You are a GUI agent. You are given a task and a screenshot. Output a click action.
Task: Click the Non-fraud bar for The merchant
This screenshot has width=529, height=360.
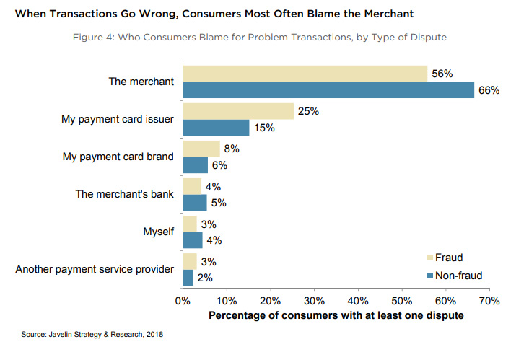pos(328,89)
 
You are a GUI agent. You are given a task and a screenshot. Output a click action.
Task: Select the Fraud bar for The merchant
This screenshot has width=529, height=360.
pos(305,73)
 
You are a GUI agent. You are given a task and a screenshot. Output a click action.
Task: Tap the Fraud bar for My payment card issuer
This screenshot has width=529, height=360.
pos(238,110)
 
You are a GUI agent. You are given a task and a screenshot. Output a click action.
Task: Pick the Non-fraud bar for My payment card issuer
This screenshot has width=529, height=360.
pos(216,127)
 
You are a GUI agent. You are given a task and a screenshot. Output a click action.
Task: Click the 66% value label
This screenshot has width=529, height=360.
pos(489,90)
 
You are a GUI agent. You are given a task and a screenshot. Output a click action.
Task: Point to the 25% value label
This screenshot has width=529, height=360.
pos(309,111)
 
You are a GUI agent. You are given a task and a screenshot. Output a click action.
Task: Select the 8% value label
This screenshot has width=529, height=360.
pos(232,148)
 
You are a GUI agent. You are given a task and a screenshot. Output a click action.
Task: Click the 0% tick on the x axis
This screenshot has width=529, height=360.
pos(183,300)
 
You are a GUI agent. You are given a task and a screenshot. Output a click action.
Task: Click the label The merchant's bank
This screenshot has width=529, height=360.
pos(125,194)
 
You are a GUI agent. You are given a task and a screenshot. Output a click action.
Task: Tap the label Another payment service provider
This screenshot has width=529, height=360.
pos(95,269)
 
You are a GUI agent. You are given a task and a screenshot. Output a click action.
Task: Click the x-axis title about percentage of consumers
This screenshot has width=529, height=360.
pos(336,316)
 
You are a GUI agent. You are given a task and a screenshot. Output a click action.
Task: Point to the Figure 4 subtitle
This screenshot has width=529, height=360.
pos(263,38)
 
